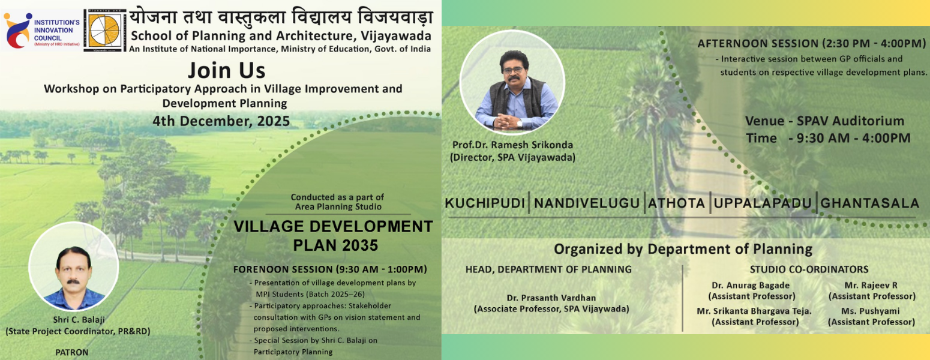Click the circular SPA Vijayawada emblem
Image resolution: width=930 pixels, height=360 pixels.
click(105, 29)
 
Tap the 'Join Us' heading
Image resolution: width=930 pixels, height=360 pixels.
click(226, 70)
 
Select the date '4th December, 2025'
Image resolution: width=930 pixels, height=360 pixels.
click(221, 121)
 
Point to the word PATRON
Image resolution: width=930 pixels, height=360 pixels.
click(72, 352)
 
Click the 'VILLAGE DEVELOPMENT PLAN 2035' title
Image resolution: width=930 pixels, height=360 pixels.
click(333, 235)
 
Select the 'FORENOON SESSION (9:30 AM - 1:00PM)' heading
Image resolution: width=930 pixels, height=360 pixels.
click(330, 269)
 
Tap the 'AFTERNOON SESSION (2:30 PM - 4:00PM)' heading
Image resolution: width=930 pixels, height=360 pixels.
click(812, 44)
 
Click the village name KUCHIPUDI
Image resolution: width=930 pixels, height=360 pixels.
click(485, 203)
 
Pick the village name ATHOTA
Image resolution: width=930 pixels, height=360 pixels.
click(676, 203)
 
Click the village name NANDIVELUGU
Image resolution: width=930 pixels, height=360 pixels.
click(587, 203)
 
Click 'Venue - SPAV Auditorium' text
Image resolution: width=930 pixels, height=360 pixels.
click(824, 121)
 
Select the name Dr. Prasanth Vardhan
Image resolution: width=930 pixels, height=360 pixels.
click(551, 298)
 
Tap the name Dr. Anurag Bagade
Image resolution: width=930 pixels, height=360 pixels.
click(751, 285)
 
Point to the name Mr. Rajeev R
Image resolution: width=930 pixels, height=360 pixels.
click(871, 285)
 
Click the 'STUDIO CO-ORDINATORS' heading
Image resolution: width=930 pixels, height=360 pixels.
click(809, 269)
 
